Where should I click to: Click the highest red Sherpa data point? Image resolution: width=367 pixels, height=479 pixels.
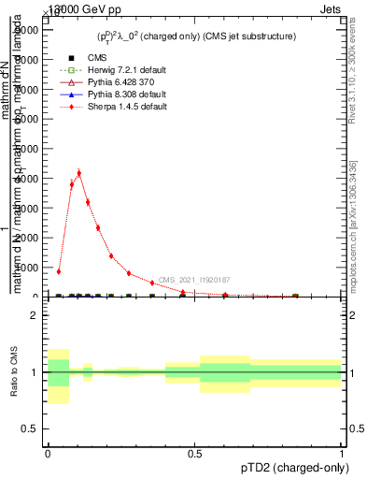point(78,173)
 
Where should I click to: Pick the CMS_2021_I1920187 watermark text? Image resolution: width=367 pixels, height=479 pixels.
point(193,280)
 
